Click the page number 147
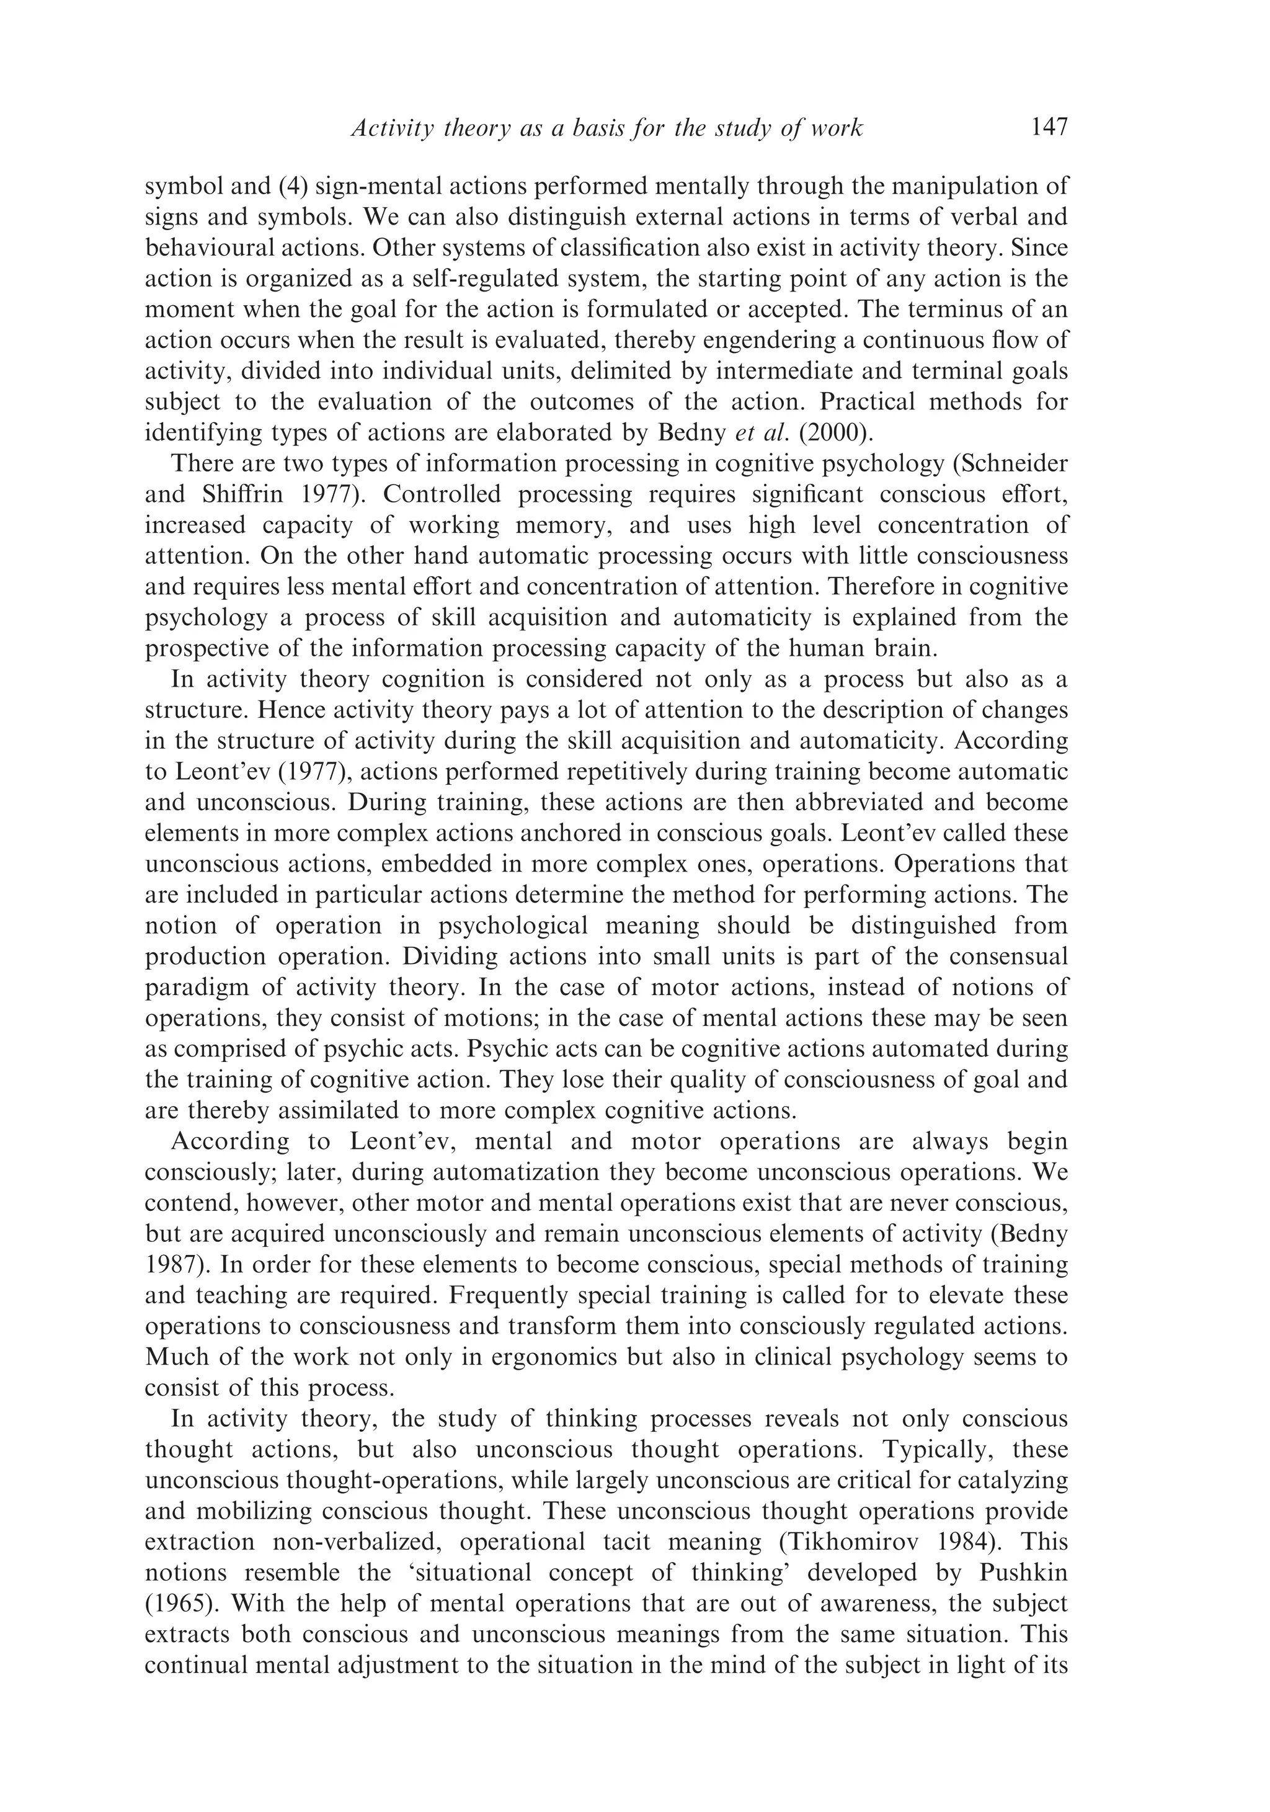(x=1049, y=127)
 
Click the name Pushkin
(x=1023, y=1574)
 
